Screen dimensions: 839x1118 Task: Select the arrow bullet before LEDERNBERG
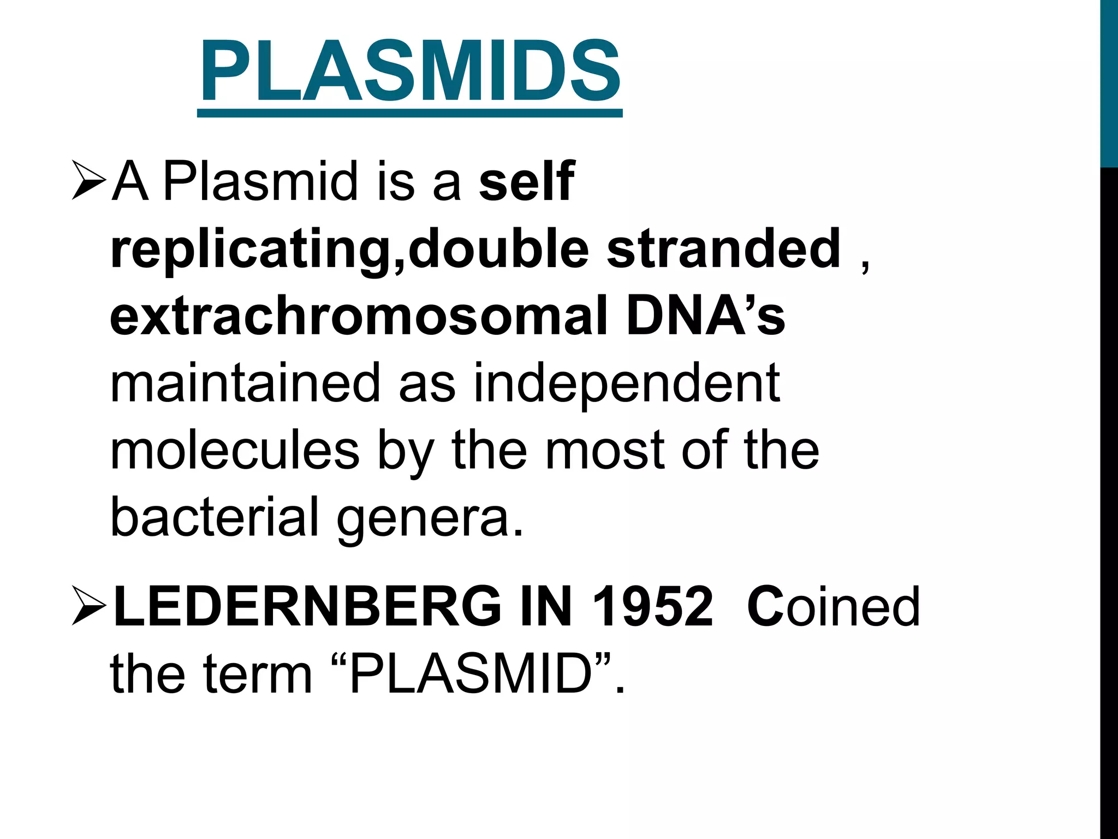(x=88, y=606)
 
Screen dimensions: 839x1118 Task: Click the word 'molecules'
(x=235, y=451)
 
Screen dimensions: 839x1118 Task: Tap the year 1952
(x=652, y=606)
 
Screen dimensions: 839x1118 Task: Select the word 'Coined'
(x=833, y=606)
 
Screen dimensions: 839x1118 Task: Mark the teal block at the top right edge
(x=1109, y=82)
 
